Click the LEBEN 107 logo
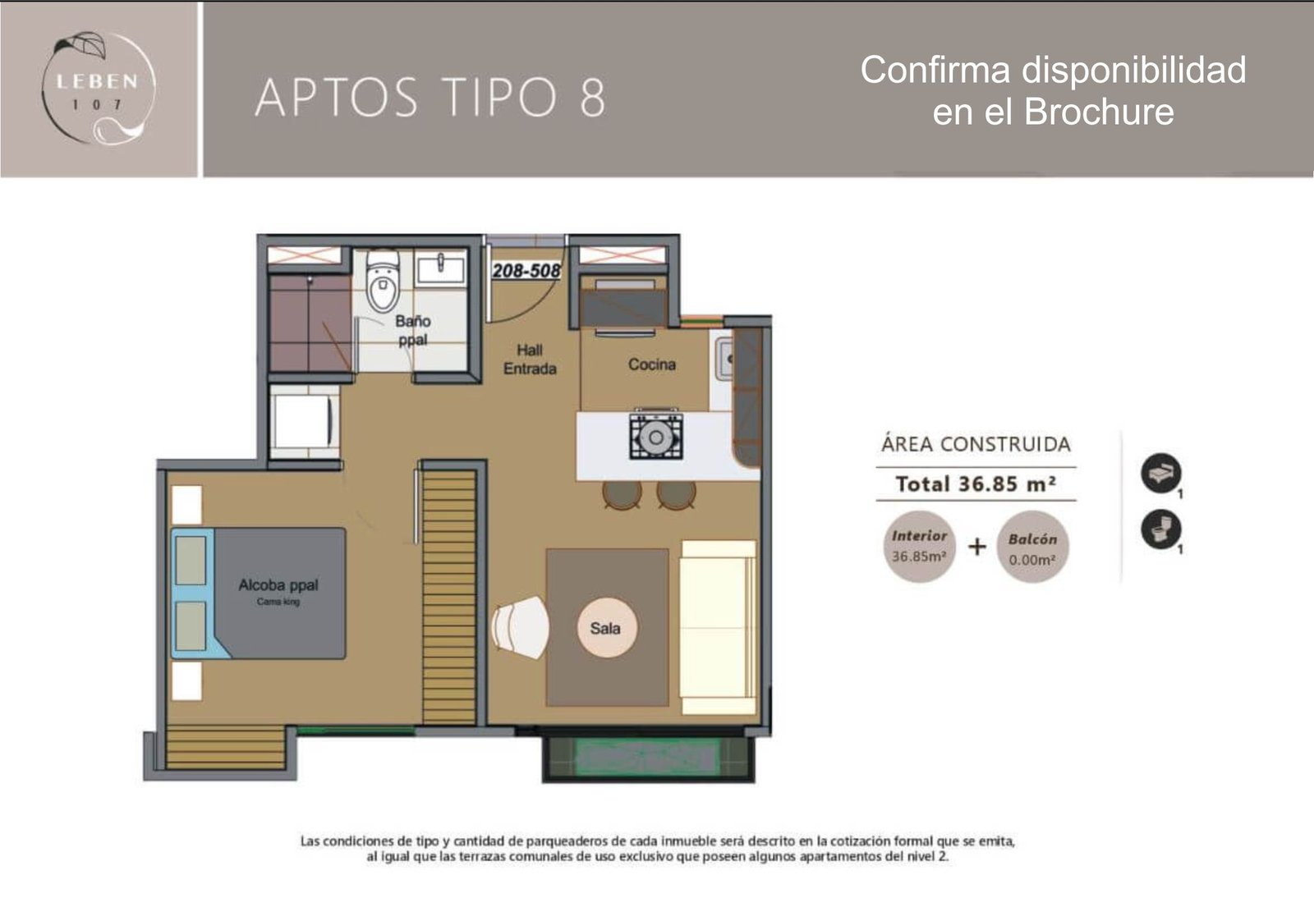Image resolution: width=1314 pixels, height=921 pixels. pos(99,88)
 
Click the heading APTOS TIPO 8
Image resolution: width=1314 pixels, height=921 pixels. pos(430,97)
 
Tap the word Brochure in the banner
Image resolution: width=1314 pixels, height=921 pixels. pos(1099,111)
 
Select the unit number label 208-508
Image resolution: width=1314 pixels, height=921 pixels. pos(526,270)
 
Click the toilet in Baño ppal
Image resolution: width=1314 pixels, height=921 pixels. pos(383,281)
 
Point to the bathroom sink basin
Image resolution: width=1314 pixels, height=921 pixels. pos(440,270)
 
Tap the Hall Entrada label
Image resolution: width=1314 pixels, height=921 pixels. pos(530,360)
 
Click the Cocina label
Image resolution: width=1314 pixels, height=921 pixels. pos(652,364)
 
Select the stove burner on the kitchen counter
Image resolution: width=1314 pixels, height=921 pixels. pos(656,437)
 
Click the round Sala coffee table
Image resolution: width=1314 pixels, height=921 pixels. pos(606,628)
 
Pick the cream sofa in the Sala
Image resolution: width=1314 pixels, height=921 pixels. pos(718,626)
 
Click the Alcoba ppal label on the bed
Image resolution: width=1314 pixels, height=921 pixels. pos(278,584)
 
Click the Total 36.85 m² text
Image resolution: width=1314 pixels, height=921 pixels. pos(976,483)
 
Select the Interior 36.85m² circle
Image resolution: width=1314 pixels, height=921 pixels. pos(919,547)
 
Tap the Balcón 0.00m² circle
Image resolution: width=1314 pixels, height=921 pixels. pos(1032,547)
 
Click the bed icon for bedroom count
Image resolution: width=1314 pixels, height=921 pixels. pos(1161,473)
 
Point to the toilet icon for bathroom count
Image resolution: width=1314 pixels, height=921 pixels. pos(1161,529)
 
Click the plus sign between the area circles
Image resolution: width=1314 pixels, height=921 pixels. pos(976,547)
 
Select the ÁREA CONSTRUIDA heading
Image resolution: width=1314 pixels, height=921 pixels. pos(976,444)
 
